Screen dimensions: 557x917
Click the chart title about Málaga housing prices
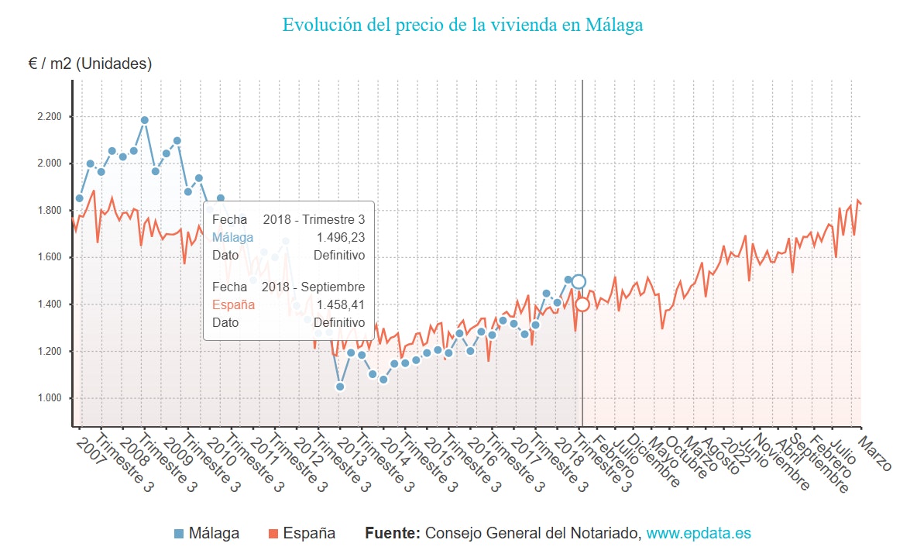(462, 25)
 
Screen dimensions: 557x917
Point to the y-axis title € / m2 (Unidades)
(90, 64)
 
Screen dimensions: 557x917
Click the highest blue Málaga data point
(145, 120)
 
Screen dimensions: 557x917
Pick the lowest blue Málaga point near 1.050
(339, 386)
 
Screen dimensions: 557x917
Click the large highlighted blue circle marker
(578, 281)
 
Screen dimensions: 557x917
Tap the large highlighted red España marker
(582, 304)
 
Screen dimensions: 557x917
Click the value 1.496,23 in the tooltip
(340, 237)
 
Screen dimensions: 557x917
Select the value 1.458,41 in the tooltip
(340, 304)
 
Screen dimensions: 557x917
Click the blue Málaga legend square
(180, 534)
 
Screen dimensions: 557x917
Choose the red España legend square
(273, 534)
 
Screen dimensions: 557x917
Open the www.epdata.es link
(699, 534)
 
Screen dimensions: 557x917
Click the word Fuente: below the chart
(393, 534)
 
